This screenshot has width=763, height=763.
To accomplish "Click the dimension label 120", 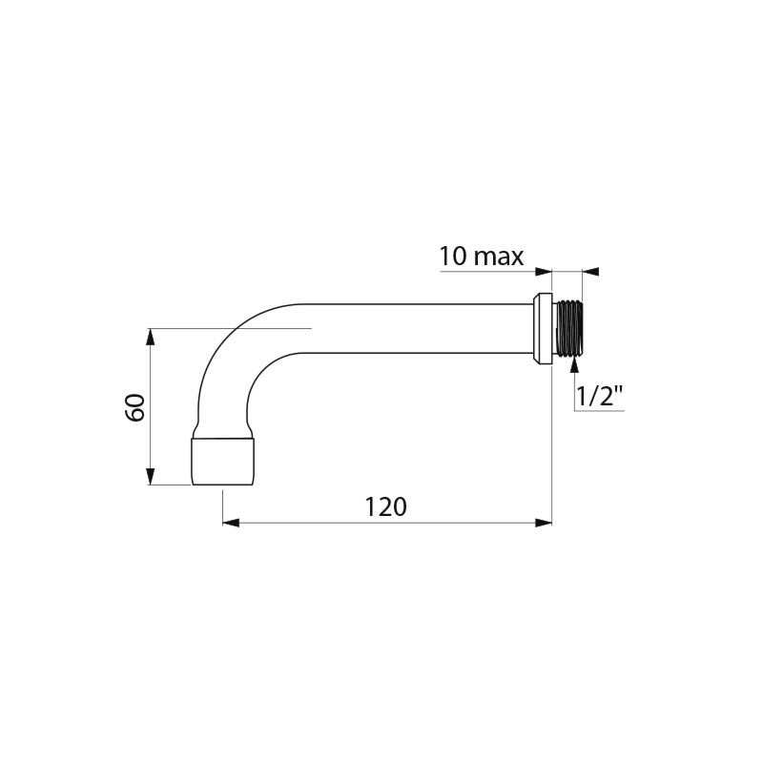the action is tap(385, 507).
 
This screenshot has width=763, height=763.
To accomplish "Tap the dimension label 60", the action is tap(135, 407).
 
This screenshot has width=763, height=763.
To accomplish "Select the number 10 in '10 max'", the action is tap(453, 256).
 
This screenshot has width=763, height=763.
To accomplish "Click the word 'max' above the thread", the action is tap(499, 258).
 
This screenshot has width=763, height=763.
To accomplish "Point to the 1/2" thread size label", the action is tap(599, 396).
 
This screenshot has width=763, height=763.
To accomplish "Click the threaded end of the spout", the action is tap(568, 328).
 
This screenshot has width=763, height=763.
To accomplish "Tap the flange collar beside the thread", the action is tap(543, 328).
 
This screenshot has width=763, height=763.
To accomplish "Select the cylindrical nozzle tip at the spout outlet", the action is tap(222, 462).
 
